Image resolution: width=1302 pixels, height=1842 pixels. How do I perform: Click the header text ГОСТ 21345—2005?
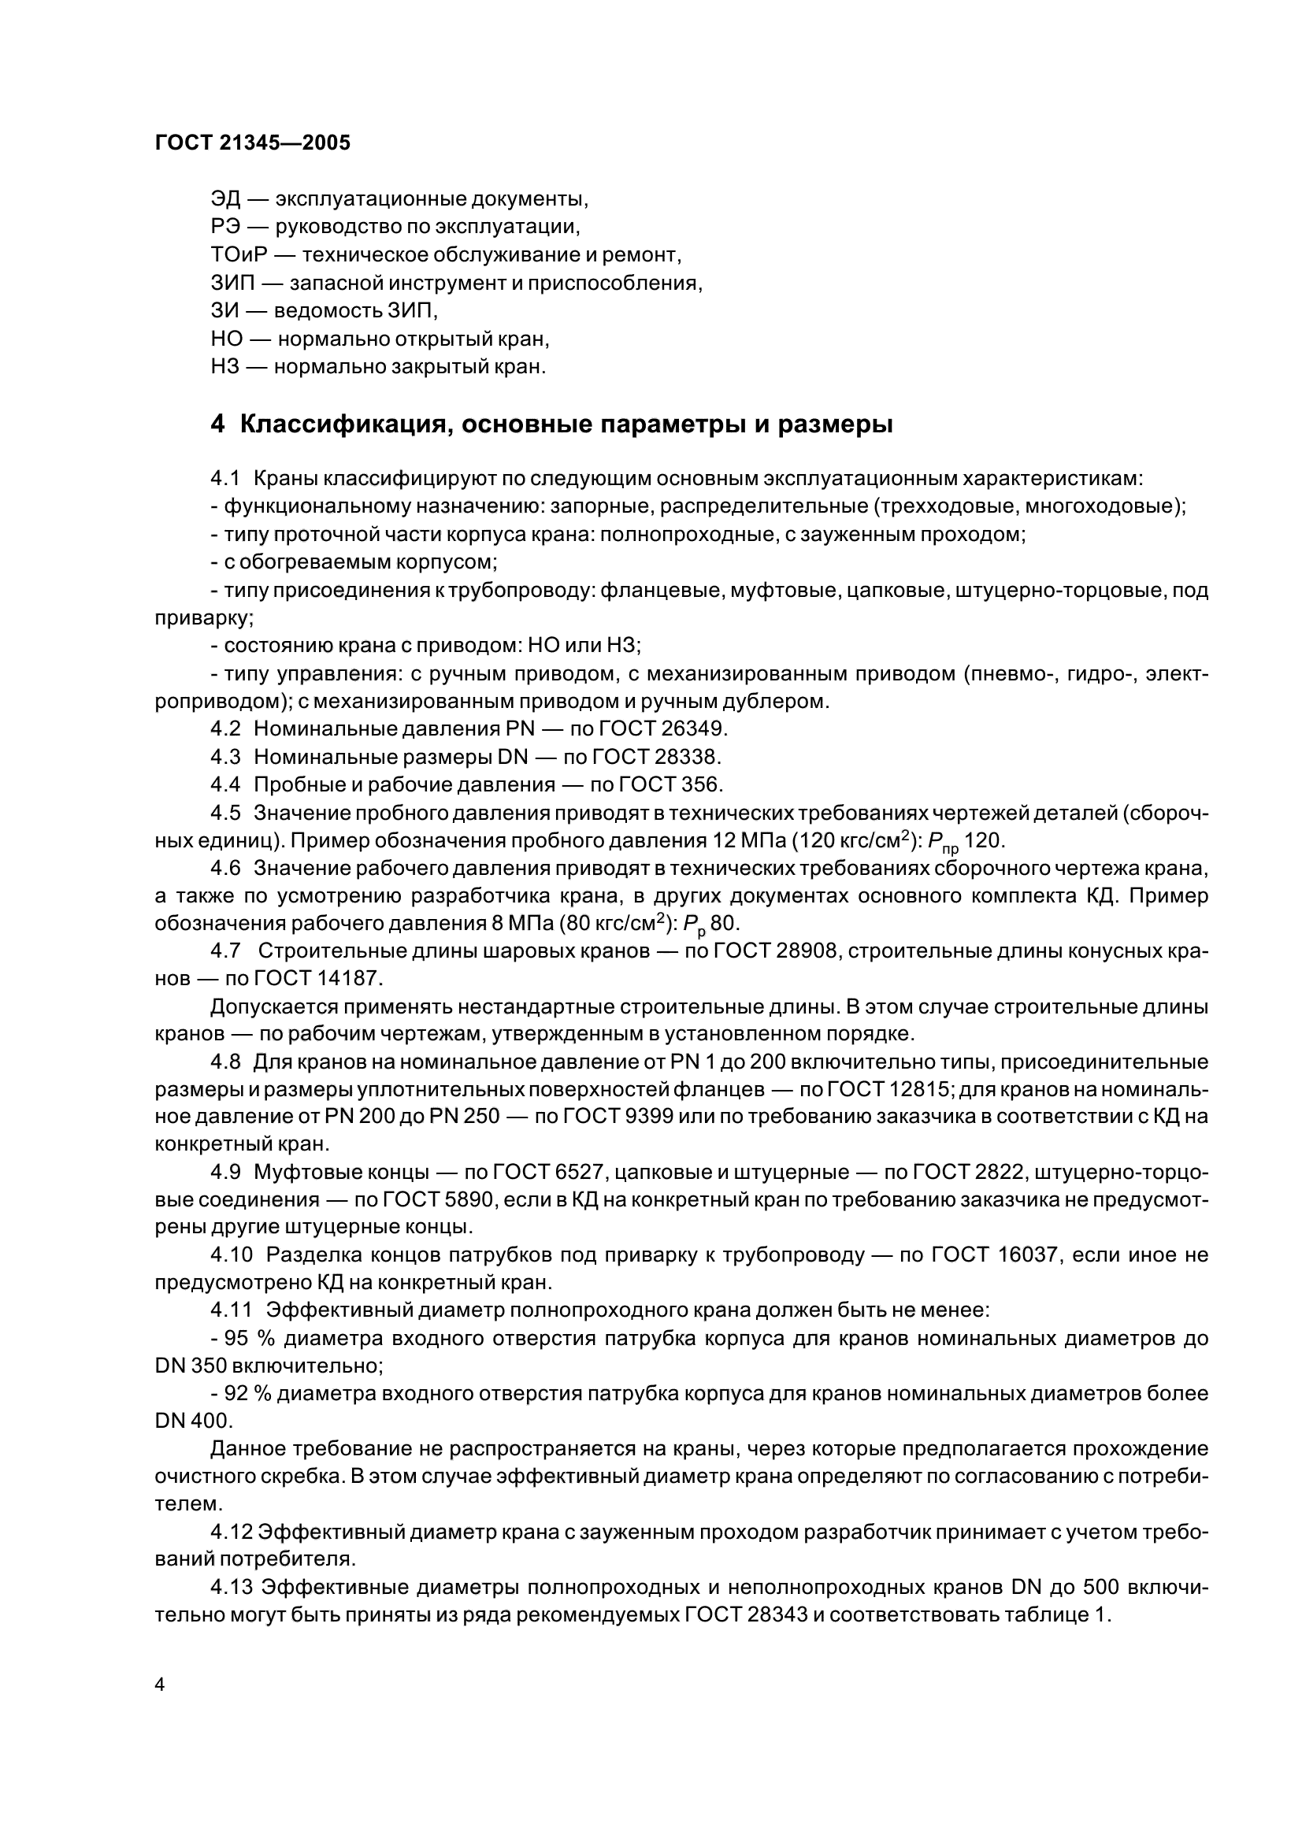coord(253,143)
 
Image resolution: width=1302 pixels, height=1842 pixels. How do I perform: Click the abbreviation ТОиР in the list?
coord(236,255)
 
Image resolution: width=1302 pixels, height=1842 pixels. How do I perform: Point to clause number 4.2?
coord(225,728)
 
